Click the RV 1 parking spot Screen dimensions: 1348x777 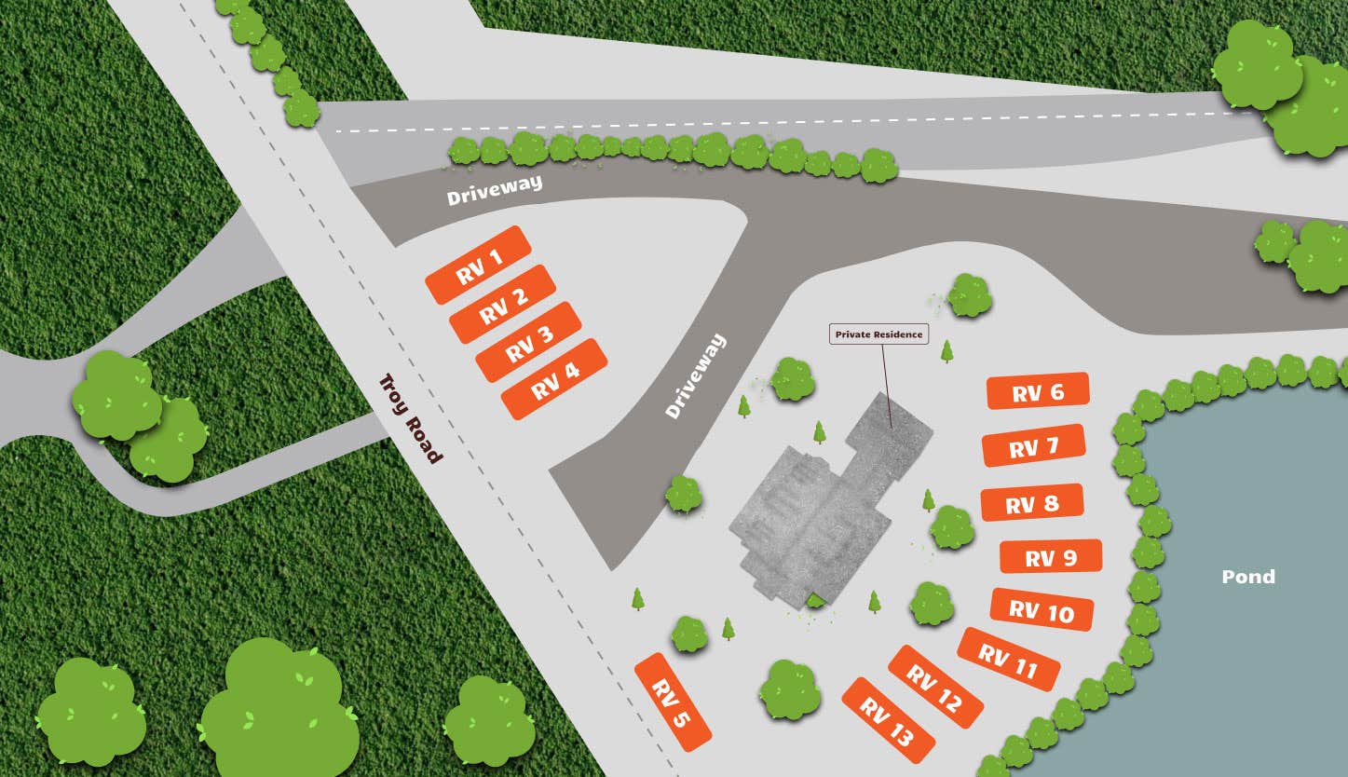pos(478,265)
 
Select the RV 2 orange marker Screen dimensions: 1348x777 pos(503,304)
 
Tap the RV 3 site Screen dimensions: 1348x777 pos(528,342)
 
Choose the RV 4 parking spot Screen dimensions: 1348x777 pos(554,378)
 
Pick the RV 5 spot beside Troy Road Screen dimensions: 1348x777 pos(673,702)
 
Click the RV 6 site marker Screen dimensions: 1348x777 pos(1037,391)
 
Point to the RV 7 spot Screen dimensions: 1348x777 pos(1034,446)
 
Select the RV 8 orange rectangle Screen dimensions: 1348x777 pos(1032,503)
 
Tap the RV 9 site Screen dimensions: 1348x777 pos(1051,556)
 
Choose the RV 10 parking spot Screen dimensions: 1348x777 pos(1042,610)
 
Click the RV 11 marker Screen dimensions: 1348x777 pos(1008,659)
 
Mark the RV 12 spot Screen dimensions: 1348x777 pos(935,687)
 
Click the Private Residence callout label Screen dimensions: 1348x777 pos(878,334)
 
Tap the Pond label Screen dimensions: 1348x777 pos(1248,577)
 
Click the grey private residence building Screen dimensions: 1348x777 pos(820,512)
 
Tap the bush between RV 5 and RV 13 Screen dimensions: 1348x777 pos(789,690)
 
